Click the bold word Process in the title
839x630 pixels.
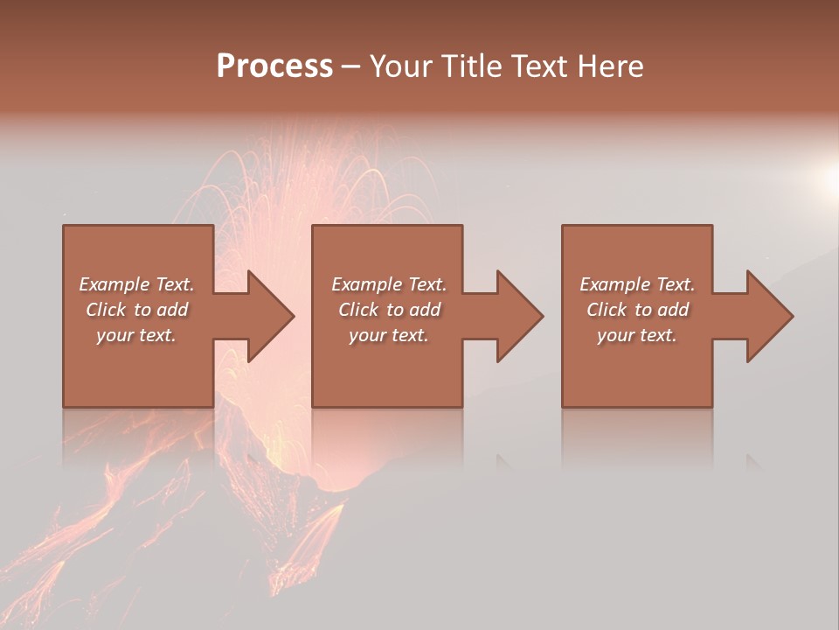coord(274,66)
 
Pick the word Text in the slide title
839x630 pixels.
coord(537,66)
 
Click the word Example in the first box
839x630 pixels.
coord(114,284)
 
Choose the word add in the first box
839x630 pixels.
coord(172,310)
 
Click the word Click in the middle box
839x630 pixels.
coord(359,310)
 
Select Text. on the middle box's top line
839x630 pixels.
coord(426,284)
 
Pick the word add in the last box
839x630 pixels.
coord(674,310)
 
